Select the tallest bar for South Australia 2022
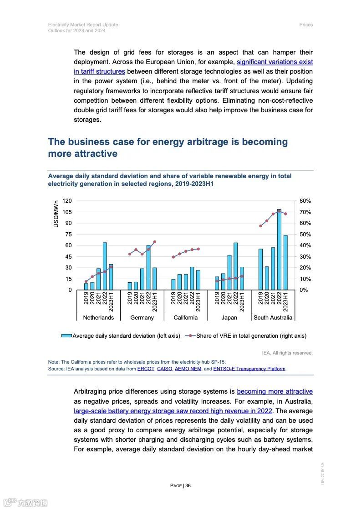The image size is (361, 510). point(279,250)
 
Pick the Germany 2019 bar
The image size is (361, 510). point(130,286)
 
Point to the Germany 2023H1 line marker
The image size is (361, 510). point(154,242)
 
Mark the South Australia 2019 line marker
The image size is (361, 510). point(260,226)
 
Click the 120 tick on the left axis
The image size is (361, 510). point(67,201)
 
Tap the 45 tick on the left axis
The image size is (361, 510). point(69,257)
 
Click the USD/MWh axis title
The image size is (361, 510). point(56,214)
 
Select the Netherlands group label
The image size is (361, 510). point(98,318)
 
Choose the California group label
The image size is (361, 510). point(185,318)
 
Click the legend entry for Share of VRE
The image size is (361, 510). point(251,336)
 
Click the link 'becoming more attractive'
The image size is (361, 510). point(275,391)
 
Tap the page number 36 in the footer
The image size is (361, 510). point(188,485)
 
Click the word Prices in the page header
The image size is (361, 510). point(306,25)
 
